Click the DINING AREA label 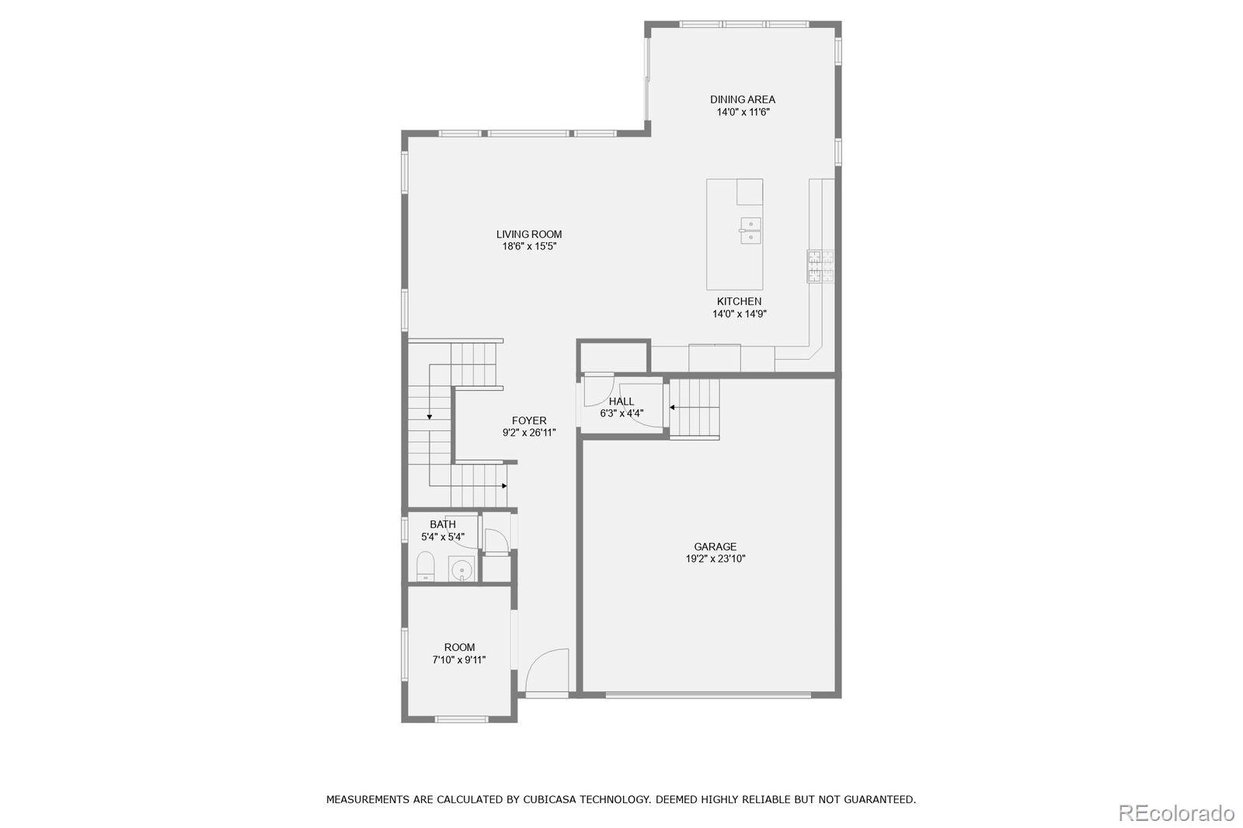(742, 99)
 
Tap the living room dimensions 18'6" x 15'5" (529, 247)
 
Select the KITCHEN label (739, 301)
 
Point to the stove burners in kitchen (820, 266)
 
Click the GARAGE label (715, 547)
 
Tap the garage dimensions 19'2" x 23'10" (715, 559)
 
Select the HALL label (621, 402)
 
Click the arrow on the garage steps (674, 406)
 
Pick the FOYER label (528, 421)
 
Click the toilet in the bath (425, 567)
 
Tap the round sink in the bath (462, 570)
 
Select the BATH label (443, 524)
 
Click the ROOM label (459, 648)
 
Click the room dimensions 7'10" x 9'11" (459, 660)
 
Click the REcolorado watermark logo (1175, 813)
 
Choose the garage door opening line (708, 695)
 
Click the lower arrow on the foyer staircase (503, 485)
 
